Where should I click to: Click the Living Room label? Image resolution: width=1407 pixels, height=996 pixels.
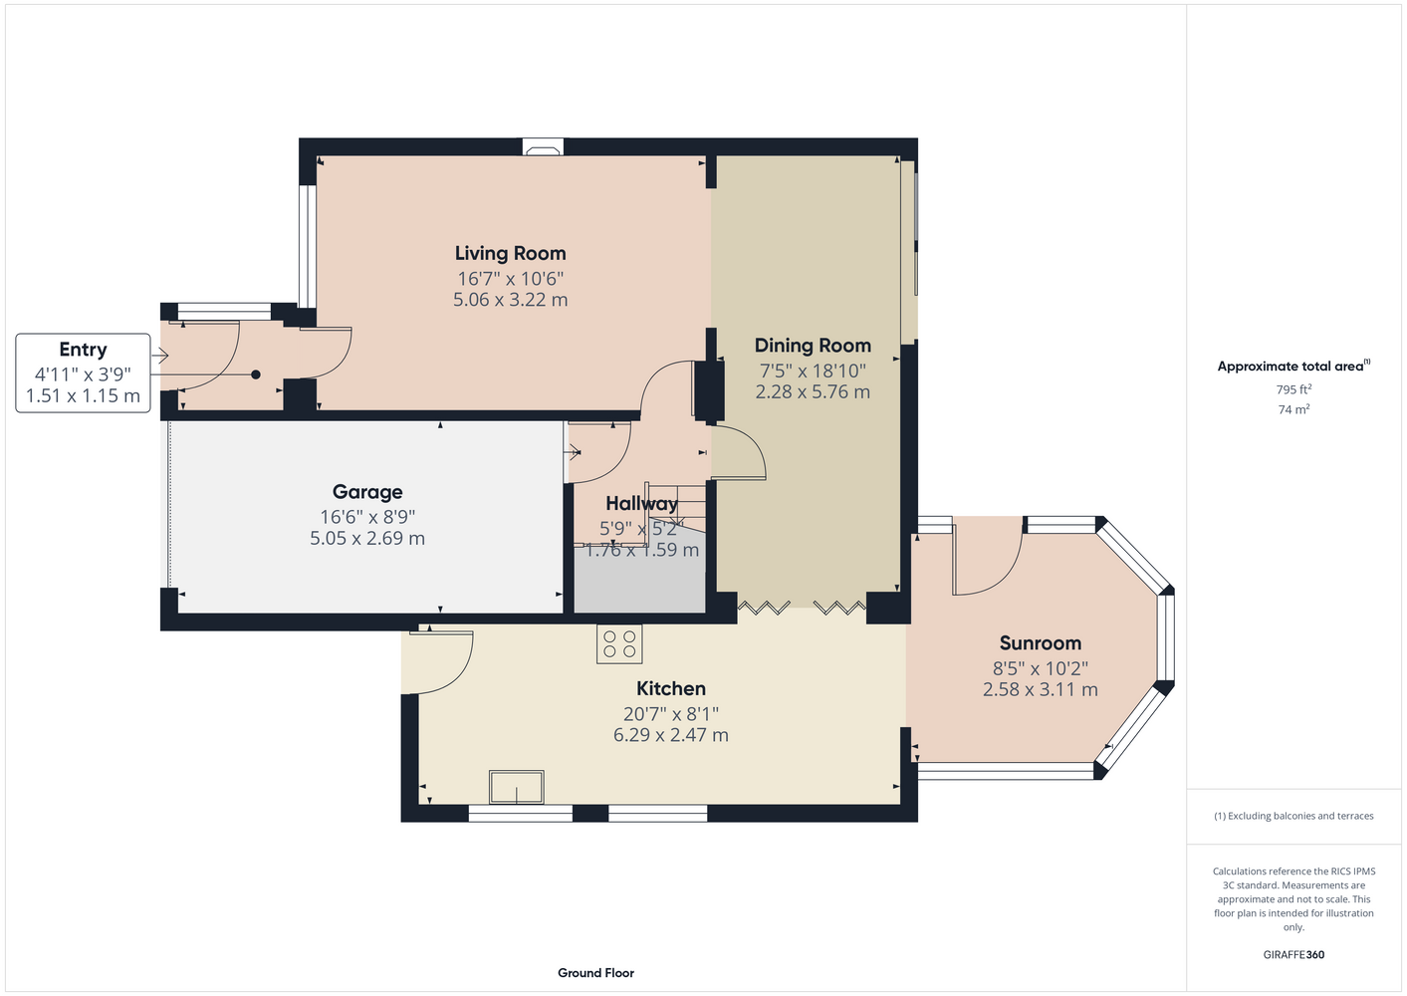tap(510, 253)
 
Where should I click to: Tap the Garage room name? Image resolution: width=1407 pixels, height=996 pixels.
tap(367, 491)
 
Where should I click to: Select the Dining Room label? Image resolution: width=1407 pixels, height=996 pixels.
tap(813, 345)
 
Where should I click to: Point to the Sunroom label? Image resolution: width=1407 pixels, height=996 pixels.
tap(1041, 642)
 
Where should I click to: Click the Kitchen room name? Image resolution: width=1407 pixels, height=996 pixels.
tap(671, 688)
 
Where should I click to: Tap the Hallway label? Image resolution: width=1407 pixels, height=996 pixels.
tap(641, 503)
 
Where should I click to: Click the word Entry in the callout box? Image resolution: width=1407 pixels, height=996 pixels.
tap(83, 350)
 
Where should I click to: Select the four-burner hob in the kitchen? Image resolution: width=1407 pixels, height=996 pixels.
tap(619, 644)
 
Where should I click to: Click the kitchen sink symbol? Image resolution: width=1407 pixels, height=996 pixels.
tap(517, 787)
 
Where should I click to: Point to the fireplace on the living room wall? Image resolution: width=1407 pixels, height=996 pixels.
tap(543, 148)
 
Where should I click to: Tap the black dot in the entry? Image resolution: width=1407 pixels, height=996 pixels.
tap(256, 374)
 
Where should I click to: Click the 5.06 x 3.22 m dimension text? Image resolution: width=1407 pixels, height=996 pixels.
tap(510, 299)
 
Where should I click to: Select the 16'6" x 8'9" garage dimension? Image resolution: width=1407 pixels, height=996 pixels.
tap(367, 517)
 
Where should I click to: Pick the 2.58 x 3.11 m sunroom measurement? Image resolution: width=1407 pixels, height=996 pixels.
tap(1041, 689)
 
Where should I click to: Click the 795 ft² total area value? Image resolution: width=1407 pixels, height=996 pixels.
tap(1293, 389)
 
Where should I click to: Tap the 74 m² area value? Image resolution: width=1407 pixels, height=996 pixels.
tap(1293, 409)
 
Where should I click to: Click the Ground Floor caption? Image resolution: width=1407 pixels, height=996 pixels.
tap(595, 973)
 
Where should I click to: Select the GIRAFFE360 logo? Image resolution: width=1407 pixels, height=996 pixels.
tap(1293, 954)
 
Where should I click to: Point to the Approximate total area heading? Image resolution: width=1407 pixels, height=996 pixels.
tap(1293, 366)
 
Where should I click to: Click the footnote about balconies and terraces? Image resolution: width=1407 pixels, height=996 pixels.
tap(1293, 816)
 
